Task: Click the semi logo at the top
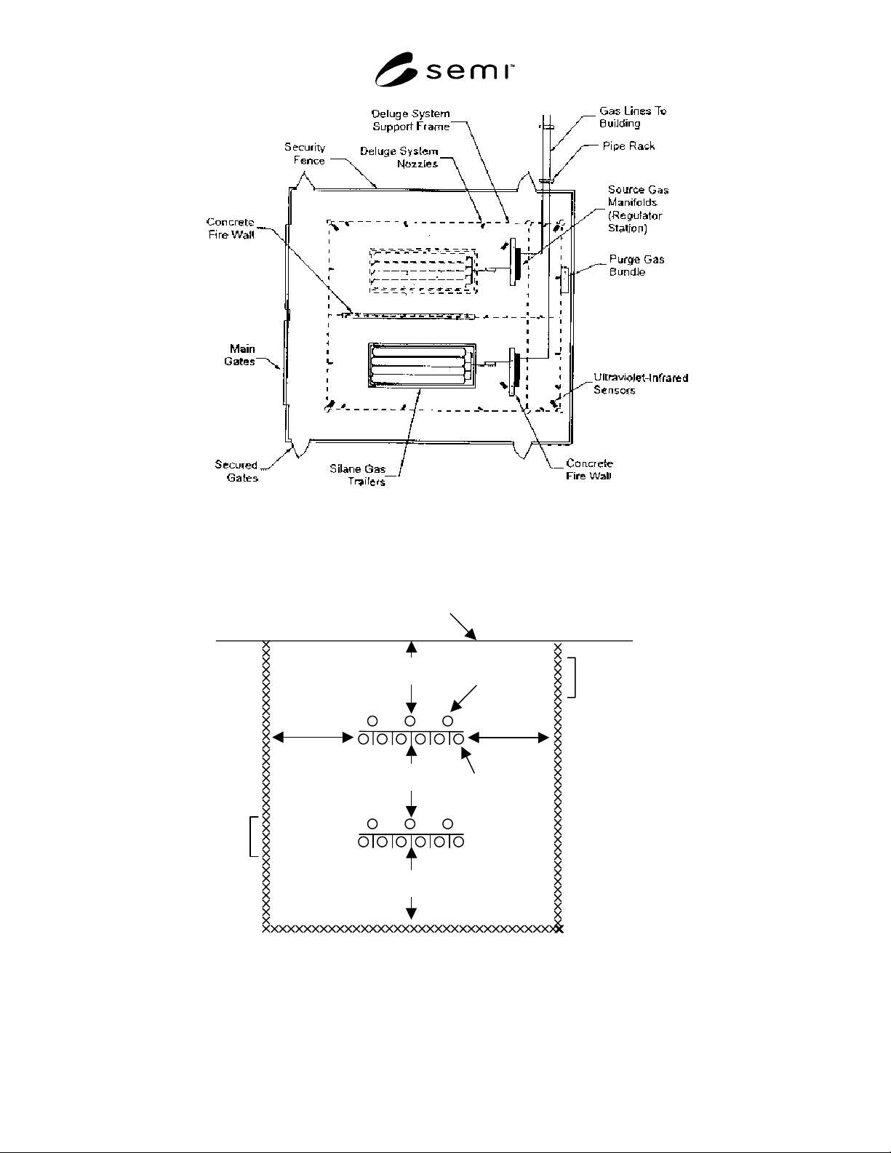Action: click(444, 70)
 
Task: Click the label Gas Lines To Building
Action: click(633, 117)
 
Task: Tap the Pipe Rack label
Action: click(628, 146)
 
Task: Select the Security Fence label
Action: click(305, 154)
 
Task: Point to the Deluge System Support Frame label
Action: click(411, 120)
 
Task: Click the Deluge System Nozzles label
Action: click(399, 158)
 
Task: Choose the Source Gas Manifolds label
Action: click(638, 209)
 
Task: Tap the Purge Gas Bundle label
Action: click(636, 266)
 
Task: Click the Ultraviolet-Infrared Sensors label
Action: click(641, 383)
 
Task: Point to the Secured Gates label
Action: click(236, 471)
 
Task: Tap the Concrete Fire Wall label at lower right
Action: click(589, 470)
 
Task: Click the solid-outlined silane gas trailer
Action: click(422, 366)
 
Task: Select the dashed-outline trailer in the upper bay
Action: click(423, 271)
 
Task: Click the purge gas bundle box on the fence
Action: click(565, 281)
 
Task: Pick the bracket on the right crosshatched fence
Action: click(575, 677)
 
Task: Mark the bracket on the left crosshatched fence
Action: click(250, 837)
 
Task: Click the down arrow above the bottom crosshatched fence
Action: click(411, 908)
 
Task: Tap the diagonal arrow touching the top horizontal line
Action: click(463, 626)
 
